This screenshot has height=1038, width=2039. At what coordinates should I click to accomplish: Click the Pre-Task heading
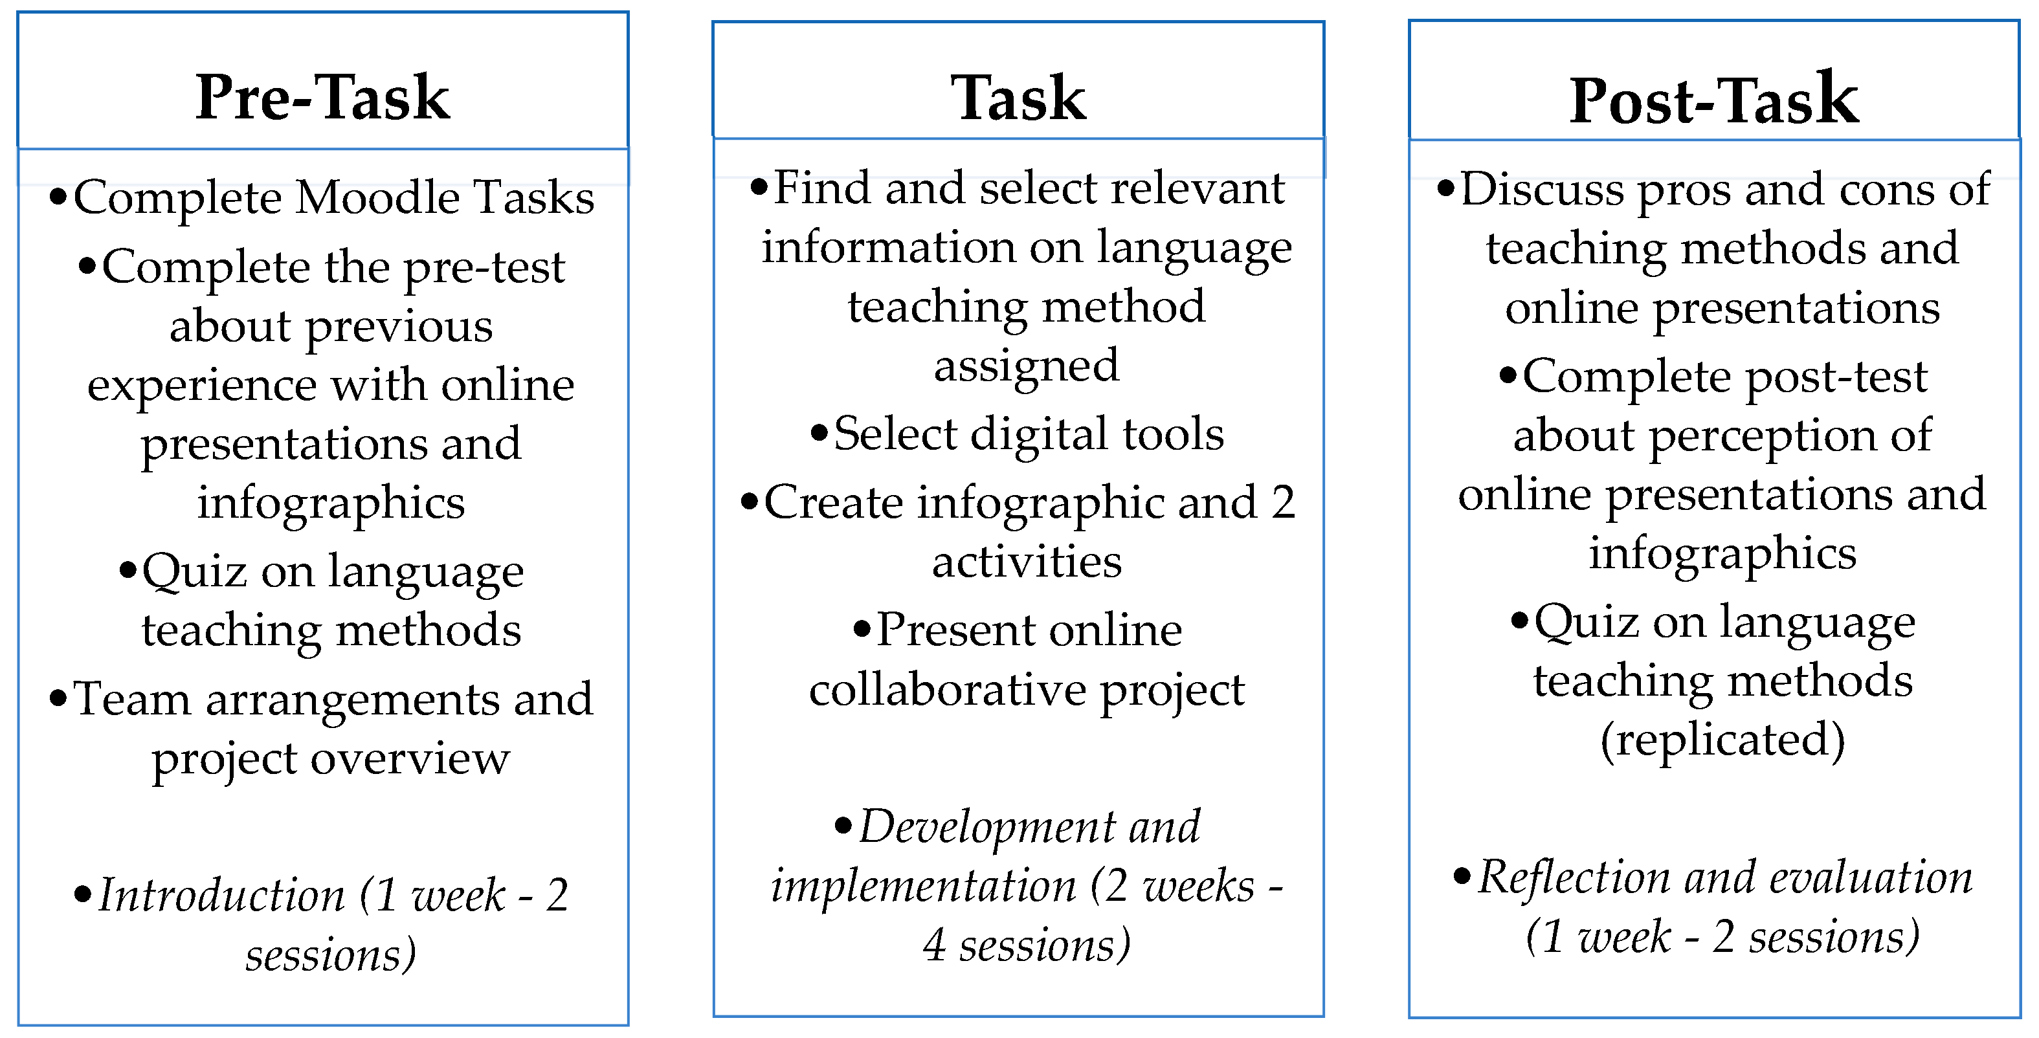pyautogui.click(x=322, y=97)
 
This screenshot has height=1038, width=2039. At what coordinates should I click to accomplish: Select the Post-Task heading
pyautogui.click(x=1713, y=100)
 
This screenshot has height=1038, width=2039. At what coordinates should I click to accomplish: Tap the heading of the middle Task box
pyautogui.click(x=1018, y=98)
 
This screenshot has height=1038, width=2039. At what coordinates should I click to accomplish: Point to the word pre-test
pyautogui.click(x=484, y=267)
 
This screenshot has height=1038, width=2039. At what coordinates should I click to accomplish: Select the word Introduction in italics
pyautogui.click(x=221, y=896)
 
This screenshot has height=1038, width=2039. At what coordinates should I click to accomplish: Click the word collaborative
pyautogui.click(x=948, y=690)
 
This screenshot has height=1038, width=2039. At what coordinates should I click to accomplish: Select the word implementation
pyautogui.click(x=923, y=886)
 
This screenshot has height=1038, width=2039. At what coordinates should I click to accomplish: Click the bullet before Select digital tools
pyautogui.click(x=819, y=433)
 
